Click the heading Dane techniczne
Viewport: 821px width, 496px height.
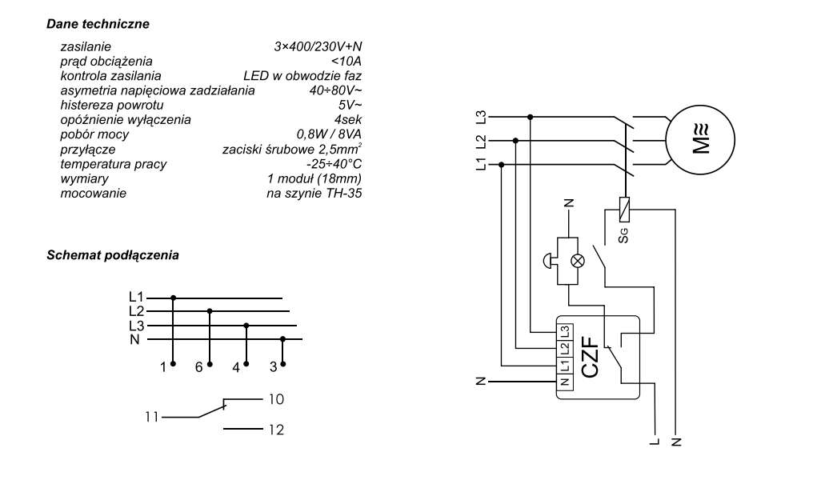pyautogui.click(x=98, y=24)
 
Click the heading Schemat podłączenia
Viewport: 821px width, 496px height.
pyautogui.click(x=113, y=255)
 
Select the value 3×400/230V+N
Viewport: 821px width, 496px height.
pyautogui.click(x=318, y=46)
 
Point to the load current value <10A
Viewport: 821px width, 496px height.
pyautogui.click(x=346, y=62)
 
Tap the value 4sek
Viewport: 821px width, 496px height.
pyautogui.click(x=348, y=120)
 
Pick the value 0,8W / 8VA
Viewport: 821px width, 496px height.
pyautogui.click(x=329, y=134)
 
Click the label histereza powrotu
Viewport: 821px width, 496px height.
pyautogui.click(x=111, y=105)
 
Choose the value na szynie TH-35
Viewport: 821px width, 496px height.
pyautogui.click(x=314, y=193)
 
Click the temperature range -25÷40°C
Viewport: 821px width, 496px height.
pyautogui.click(x=334, y=164)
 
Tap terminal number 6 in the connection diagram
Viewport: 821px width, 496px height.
pyautogui.click(x=198, y=367)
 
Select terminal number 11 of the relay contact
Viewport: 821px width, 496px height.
pyautogui.click(x=151, y=417)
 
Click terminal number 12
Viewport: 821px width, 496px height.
pyautogui.click(x=276, y=430)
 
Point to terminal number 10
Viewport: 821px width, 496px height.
pyautogui.click(x=276, y=399)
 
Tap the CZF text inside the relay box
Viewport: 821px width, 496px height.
pyautogui.click(x=591, y=358)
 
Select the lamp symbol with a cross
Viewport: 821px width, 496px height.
pyautogui.click(x=578, y=261)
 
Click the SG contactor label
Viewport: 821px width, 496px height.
pyautogui.click(x=623, y=235)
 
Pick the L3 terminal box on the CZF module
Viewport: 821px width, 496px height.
pyautogui.click(x=565, y=332)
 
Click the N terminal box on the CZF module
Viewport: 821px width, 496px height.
pyautogui.click(x=565, y=382)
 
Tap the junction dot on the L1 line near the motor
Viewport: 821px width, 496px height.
pyautogui.click(x=502, y=165)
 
